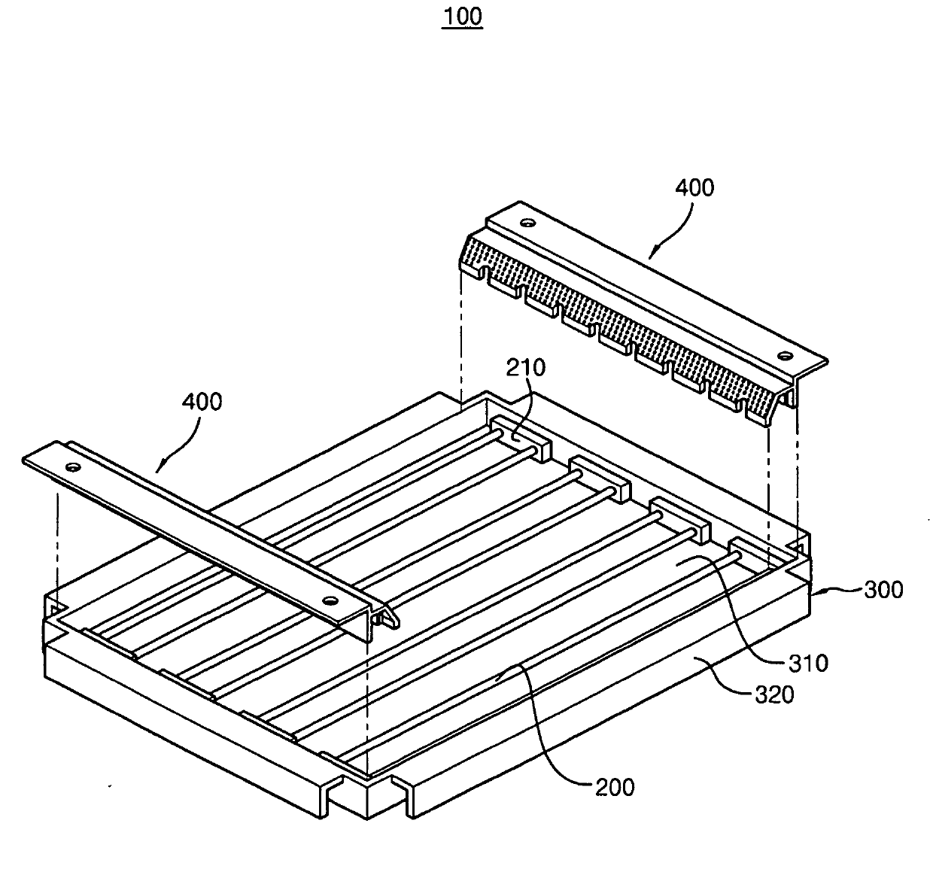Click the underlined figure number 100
[462, 17]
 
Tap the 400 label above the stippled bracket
[694, 187]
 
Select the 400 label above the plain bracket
[202, 402]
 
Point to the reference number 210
[526, 368]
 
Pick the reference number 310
[807, 663]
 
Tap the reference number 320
[774, 694]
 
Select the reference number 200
[614, 787]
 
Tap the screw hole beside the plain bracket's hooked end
[330, 600]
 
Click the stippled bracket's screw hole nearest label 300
[785, 354]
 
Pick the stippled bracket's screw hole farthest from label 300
[528, 223]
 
